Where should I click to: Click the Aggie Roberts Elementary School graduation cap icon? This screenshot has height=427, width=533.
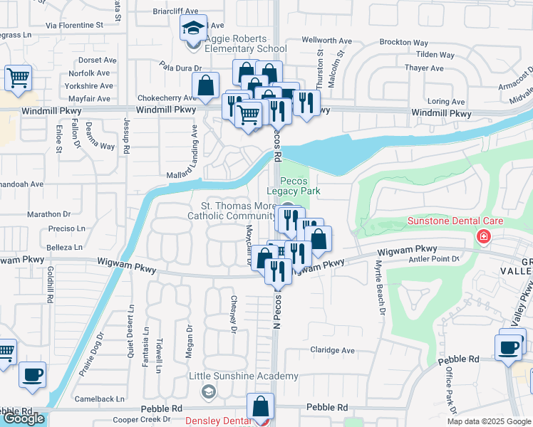192,28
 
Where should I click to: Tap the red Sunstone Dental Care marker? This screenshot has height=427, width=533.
484,236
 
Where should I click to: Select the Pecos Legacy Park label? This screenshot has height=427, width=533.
294,186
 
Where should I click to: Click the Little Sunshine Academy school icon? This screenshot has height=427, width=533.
208,391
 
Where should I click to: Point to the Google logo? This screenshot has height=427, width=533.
23,418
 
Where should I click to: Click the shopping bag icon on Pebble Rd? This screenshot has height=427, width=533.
261,407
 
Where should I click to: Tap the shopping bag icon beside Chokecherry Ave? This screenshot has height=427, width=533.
205,87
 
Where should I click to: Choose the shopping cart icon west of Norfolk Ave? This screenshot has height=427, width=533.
19,78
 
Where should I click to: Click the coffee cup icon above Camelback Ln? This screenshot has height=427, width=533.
32,375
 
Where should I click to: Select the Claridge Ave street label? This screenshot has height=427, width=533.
332,350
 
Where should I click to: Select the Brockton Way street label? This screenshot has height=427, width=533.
403,42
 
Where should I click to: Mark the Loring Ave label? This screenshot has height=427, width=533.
447,102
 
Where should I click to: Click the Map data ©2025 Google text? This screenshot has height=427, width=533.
488,421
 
